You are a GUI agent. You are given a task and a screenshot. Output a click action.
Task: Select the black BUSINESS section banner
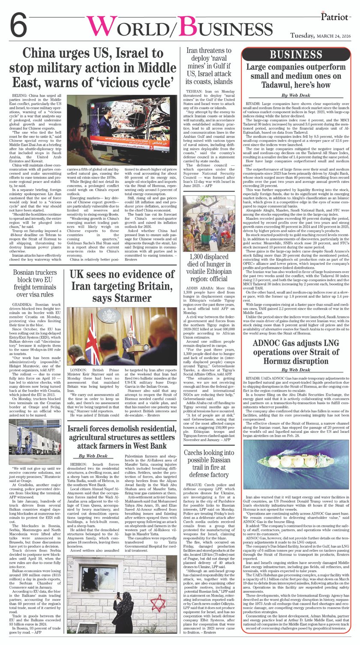(x=296, y=54)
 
